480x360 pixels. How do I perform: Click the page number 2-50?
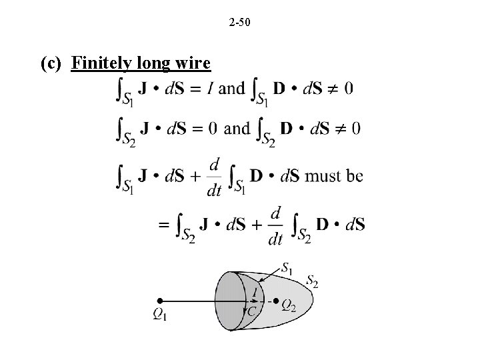pyautogui.click(x=239, y=24)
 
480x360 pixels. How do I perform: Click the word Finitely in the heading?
pyautogui.click(x=101, y=63)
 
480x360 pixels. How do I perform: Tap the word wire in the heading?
pyautogui.click(x=193, y=63)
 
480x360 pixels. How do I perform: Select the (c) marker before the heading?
pyautogui.click(x=52, y=63)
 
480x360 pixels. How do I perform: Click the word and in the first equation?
pyautogui.click(x=231, y=89)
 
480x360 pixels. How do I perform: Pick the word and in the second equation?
pyautogui.click(x=237, y=128)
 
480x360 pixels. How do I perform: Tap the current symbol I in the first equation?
pyautogui.click(x=210, y=89)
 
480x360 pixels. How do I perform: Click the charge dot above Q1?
pyautogui.click(x=160, y=301)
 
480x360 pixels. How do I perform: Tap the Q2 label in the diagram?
pyautogui.click(x=289, y=305)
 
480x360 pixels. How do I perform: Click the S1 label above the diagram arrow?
pyautogui.click(x=286, y=268)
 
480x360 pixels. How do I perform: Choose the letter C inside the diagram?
pyautogui.click(x=252, y=311)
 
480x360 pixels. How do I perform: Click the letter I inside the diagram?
pyautogui.click(x=256, y=291)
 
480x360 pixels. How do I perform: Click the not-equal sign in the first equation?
pyautogui.click(x=331, y=89)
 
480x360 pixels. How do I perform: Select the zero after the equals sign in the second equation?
pyautogui.click(x=212, y=128)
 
